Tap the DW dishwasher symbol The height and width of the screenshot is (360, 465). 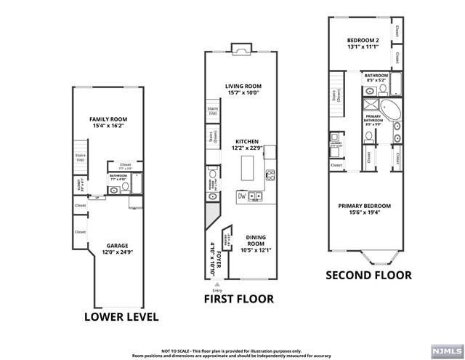click(241, 196)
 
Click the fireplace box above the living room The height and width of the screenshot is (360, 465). click(240, 49)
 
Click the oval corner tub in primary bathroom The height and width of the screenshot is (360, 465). click(392, 111)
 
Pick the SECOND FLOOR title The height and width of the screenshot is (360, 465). click(368, 276)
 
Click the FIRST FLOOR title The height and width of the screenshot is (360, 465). click(240, 299)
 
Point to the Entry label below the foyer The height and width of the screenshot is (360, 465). click(217, 290)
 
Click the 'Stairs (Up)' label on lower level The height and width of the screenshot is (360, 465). click(81, 157)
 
